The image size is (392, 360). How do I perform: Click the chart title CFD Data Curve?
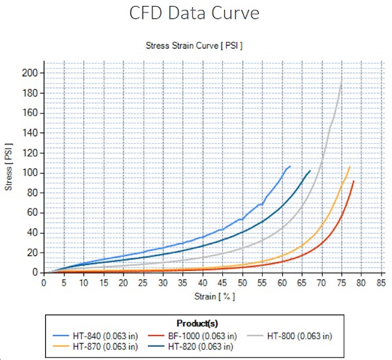195,14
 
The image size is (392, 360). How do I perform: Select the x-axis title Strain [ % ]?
212,296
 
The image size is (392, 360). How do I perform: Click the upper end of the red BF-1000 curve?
353,181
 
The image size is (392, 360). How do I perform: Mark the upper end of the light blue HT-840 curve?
290,166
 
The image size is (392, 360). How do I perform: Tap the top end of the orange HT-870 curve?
350,167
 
